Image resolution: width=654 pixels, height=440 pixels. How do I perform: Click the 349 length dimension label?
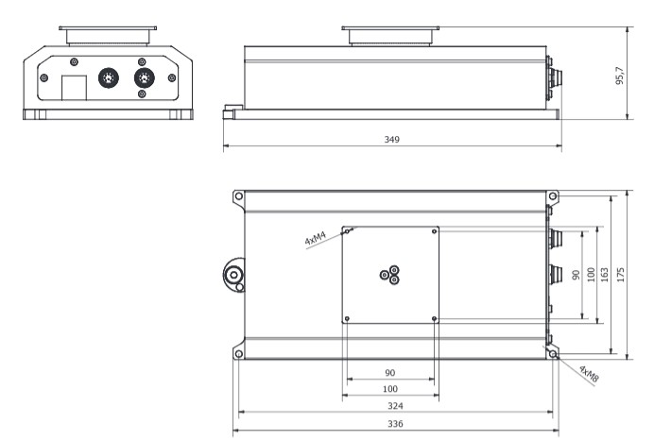pyautogui.click(x=391, y=139)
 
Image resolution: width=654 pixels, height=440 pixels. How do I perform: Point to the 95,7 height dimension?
pyautogui.click(x=620, y=76)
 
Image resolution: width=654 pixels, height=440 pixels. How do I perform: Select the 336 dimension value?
pyautogui.click(x=395, y=424)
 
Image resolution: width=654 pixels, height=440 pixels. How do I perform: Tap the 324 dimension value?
pyautogui.click(x=395, y=406)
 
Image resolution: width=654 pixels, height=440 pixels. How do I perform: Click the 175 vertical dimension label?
pyautogui.click(x=621, y=275)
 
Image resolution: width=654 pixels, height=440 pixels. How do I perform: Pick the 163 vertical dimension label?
pyautogui.click(x=604, y=275)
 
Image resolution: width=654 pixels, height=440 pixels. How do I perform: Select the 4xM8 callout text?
pyautogui.click(x=589, y=374)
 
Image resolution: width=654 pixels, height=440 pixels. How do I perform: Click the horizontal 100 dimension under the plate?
pyautogui.click(x=390, y=389)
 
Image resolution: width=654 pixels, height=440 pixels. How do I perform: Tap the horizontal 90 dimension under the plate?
pyautogui.click(x=390, y=373)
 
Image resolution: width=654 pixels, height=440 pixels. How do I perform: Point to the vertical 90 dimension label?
pyautogui.click(x=576, y=275)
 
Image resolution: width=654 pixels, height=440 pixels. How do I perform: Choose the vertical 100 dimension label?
pyautogui.click(x=591, y=275)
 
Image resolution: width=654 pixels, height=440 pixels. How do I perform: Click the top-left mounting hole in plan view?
pyautogui.click(x=238, y=195)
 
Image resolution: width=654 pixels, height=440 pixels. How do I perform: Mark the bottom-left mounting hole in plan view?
pyautogui.click(x=238, y=354)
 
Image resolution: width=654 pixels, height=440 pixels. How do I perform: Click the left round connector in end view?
pyautogui.click(x=109, y=78)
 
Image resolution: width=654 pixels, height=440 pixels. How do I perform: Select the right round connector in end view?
pyautogui.click(x=145, y=78)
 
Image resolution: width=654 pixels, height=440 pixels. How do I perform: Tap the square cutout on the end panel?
pyautogui.click(x=75, y=88)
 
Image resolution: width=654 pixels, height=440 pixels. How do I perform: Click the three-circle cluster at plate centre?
pyautogui.click(x=390, y=275)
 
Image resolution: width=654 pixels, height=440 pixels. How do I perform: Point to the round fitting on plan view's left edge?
pyautogui.click(x=234, y=275)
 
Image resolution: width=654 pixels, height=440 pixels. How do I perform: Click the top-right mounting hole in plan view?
pyautogui.click(x=553, y=195)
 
